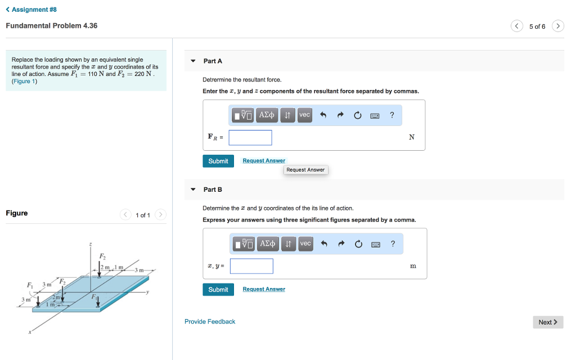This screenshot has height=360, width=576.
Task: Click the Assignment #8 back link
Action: point(31,10)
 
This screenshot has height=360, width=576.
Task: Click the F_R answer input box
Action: point(250,137)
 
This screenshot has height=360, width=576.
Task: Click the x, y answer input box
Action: point(251,266)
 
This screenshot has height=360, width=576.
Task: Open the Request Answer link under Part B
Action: point(264,289)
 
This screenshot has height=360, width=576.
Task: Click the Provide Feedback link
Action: point(210,321)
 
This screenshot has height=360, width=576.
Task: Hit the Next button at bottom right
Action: point(548,322)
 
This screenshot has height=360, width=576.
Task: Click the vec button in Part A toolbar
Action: point(304,115)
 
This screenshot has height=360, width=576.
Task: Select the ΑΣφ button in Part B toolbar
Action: point(267,244)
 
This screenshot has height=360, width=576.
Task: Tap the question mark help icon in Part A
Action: point(392,115)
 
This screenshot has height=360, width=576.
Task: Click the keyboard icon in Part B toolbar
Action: point(375,245)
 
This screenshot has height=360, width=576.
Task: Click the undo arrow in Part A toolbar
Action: point(323,115)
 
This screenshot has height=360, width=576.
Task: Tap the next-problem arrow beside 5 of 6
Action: point(558,26)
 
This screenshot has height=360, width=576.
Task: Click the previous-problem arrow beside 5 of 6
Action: point(517,26)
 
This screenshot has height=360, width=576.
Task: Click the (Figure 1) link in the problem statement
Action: point(24,81)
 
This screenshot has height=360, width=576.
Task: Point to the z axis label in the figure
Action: point(91,244)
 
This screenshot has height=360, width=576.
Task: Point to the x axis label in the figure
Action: point(30,332)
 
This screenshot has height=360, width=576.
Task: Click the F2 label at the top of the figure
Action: point(102,256)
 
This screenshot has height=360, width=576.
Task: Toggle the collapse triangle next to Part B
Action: point(193,190)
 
